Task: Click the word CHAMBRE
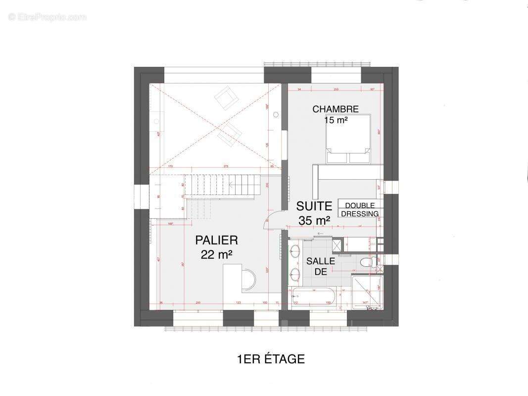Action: click(335, 109)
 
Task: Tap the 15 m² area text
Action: click(335, 120)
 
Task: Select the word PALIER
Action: click(216, 241)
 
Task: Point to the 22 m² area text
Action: click(216, 254)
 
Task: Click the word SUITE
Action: click(314, 206)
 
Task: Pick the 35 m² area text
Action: click(314, 220)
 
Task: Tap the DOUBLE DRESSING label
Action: click(360, 209)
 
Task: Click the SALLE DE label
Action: click(320, 266)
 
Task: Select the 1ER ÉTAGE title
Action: click(271, 359)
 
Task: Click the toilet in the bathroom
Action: click(368, 262)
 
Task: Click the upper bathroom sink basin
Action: click(295, 251)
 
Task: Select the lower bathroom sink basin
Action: click(295, 273)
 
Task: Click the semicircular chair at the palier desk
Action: click(249, 280)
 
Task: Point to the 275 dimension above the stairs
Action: click(225, 167)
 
